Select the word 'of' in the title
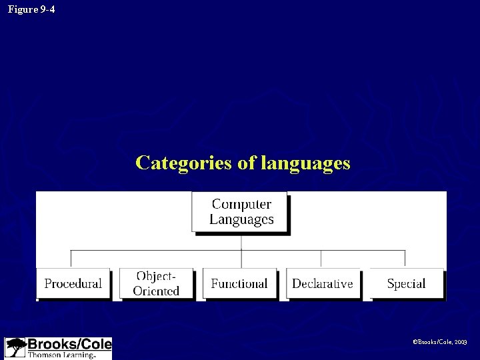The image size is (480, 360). [x=247, y=163]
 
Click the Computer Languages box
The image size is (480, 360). [x=241, y=212]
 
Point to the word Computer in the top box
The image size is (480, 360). [x=241, y=204]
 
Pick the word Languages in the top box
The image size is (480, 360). [x=241, y=219]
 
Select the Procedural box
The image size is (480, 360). [x=73, y=283]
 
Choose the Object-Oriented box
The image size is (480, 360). [x=156, y=283]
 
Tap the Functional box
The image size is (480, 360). [x=239, y=283]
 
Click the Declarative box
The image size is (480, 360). [x=323, y=283]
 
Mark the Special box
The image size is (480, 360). [x=406, y=283]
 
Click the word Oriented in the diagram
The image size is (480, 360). [x=156, y=291]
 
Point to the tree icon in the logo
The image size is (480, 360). [x=15, y=347]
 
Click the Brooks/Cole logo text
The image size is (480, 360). [x=69, y=345]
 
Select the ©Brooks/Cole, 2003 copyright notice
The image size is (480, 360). [x=441, y=341]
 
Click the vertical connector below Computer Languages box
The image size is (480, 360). [x=241, y=241]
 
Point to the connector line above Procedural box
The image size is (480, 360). [x=71, y=259]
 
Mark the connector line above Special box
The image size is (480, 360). [x=405, y=259]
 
